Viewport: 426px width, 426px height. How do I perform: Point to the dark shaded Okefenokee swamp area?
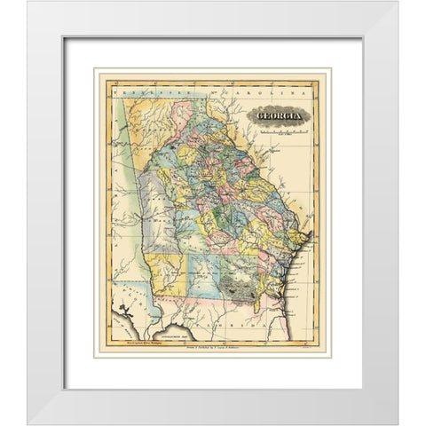click(x=243, y=287)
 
